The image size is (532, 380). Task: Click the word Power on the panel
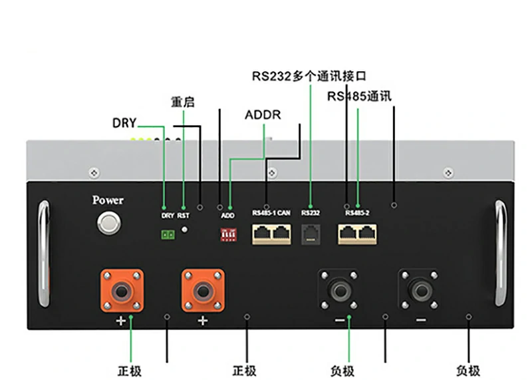(x=108, y=200)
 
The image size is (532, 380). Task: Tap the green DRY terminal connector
(x=167, y=234)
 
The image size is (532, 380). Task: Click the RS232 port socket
(x=311, y=234)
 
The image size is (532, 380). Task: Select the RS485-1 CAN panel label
(x=271, y=214)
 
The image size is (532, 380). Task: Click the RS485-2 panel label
(x=358, y=214)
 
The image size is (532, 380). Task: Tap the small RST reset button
(x=184, y=229)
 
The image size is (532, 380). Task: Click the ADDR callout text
(x=263, y=115)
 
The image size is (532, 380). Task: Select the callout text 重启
(x=183, y=103)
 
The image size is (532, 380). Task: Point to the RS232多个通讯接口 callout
(x=309, y=76)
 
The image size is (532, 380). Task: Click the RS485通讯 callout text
(x=359, y=96)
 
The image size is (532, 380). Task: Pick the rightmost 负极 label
(x=468, y=371)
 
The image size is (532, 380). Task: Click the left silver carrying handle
(x=43, y=253)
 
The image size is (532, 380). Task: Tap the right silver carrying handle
(x=500, y=253)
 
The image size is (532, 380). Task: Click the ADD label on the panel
(x=227, y=215)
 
